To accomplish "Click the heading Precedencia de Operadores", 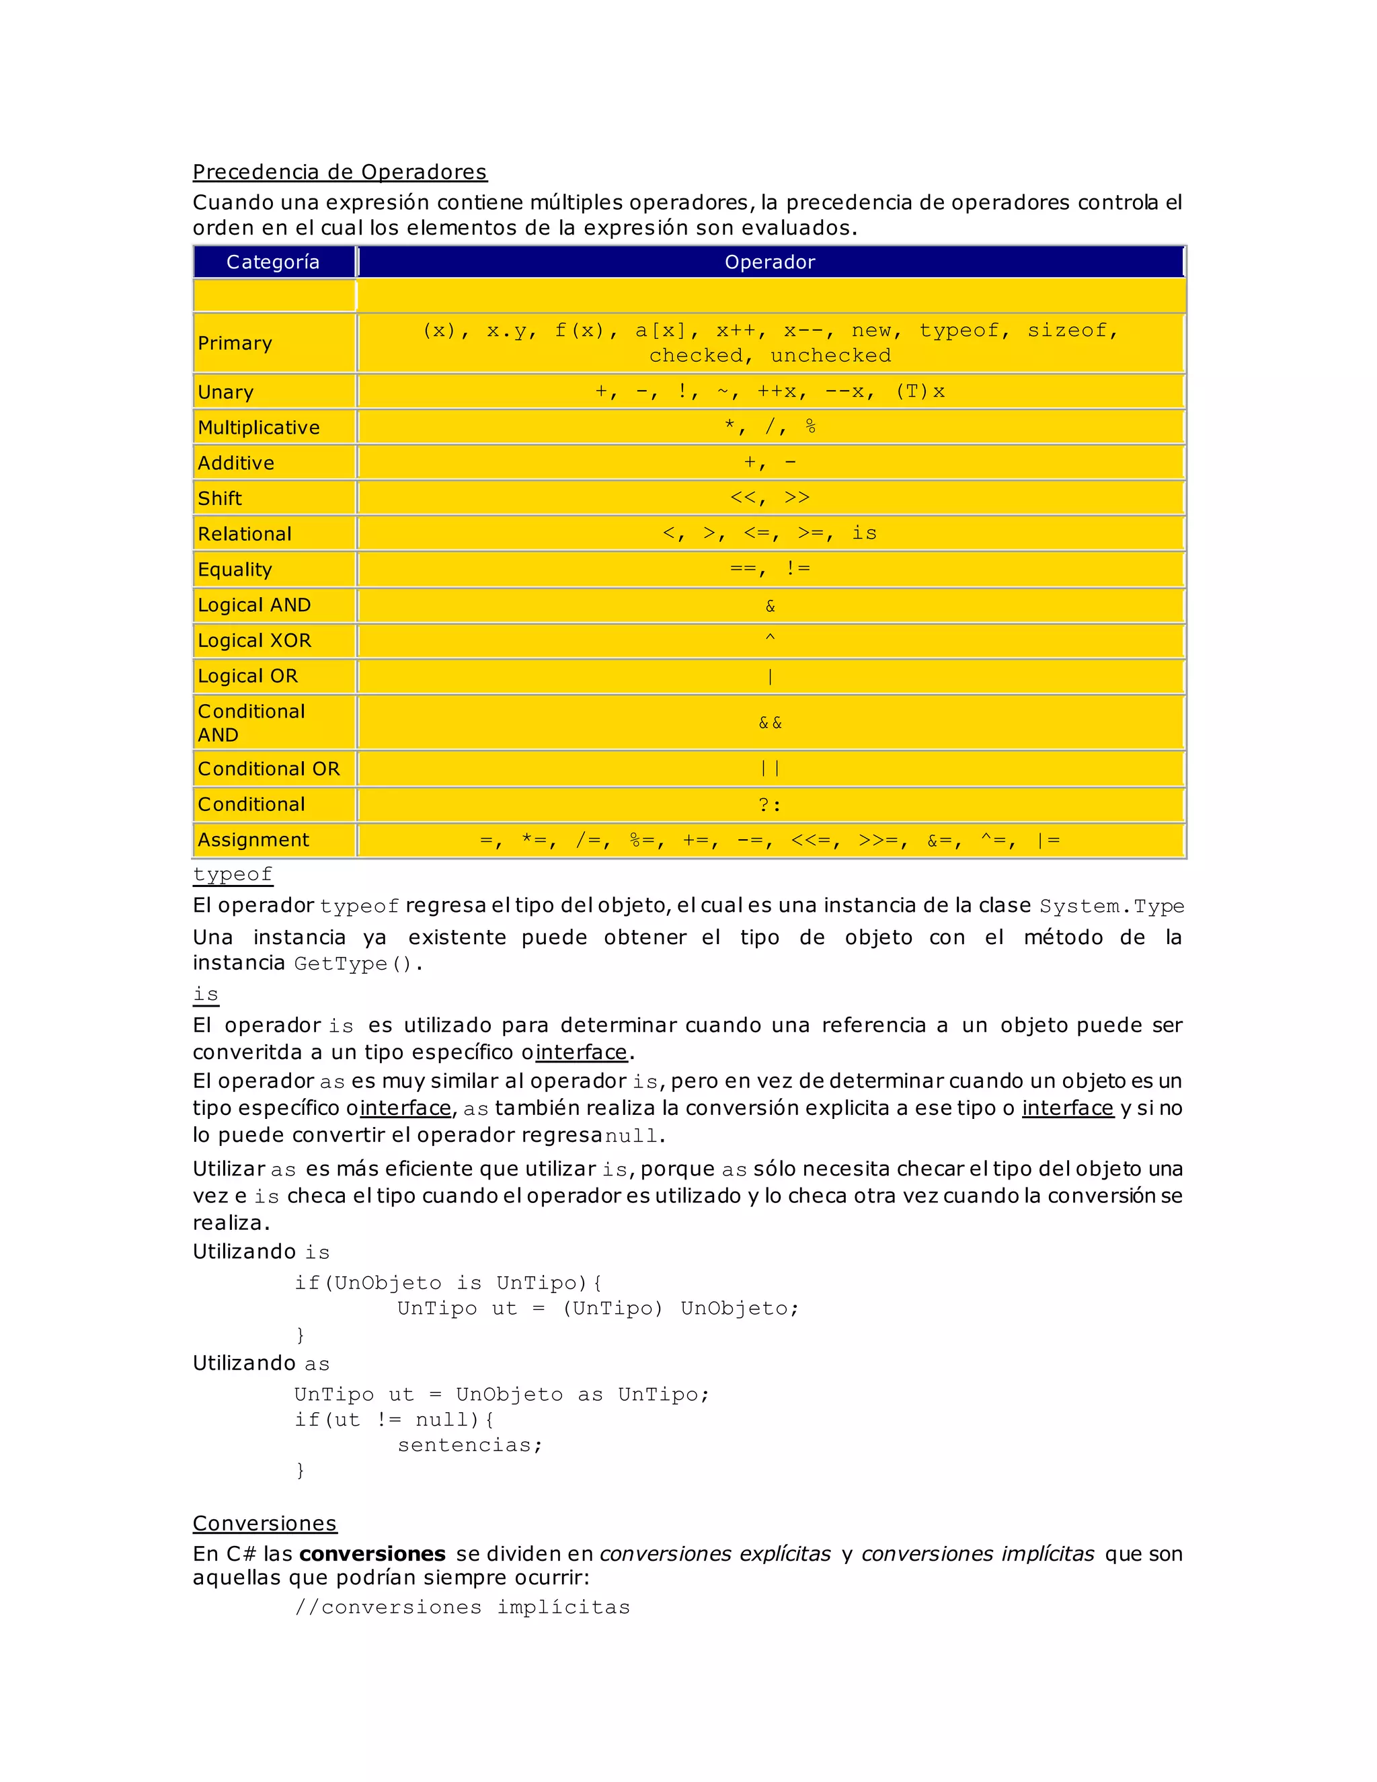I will pos(340,172).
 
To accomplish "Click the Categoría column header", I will pos(272,262).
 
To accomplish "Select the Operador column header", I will pos(769,262).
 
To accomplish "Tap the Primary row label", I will pos(235,343).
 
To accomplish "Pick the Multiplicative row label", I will pos(259,428).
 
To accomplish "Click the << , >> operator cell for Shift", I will pos(769,498).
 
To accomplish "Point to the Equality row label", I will pos(235,570).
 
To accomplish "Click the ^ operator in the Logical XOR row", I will pos(769,639).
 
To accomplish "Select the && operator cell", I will pos(769,723).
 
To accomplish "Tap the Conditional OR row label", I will pos(268,769).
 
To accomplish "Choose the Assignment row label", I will pos(253,840).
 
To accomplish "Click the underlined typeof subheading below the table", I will pos(233,874).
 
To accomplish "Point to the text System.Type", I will pos(1111,906).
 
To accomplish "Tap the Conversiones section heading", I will pos(264,1523).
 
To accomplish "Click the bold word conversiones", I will pos(383,1553).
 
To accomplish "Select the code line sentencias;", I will pos(470,1445).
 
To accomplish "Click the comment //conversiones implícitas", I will pos(463,1607).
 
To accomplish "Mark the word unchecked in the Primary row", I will pos(830,356).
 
